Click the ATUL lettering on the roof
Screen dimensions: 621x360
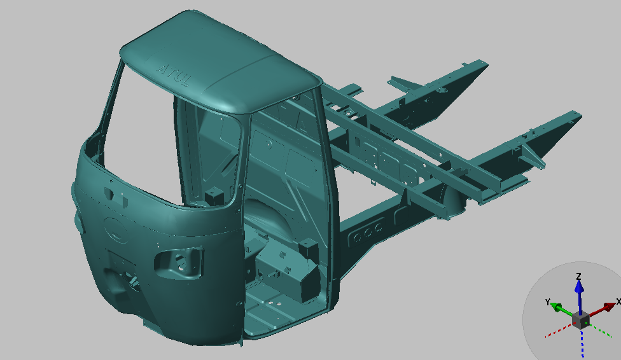(173, 74)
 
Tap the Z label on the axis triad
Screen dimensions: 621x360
(578, 275)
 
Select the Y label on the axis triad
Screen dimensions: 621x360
(548, 302)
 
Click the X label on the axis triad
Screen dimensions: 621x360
(618, 301)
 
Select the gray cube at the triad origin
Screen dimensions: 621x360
(581, 319)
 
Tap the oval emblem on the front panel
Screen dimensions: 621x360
(115, 230)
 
